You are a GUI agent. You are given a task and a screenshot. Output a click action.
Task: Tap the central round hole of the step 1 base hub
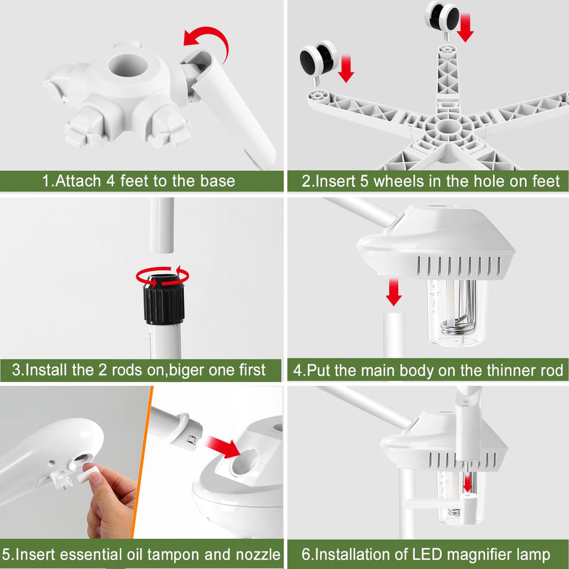[127, 65]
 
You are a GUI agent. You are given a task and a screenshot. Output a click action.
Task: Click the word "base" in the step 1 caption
[217, 181]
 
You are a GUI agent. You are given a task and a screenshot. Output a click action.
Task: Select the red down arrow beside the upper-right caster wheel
[465, 28]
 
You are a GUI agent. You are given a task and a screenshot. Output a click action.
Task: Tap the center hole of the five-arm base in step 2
[447, 127]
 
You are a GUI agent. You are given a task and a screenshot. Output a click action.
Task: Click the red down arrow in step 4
[394, 292]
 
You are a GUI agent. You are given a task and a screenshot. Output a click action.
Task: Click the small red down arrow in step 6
[468, 483]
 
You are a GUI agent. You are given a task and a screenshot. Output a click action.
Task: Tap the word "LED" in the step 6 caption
[427, 554]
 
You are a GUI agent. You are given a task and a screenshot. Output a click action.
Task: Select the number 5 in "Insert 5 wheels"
[364, 181]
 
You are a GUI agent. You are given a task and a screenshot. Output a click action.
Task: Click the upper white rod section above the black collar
[162, 225]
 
